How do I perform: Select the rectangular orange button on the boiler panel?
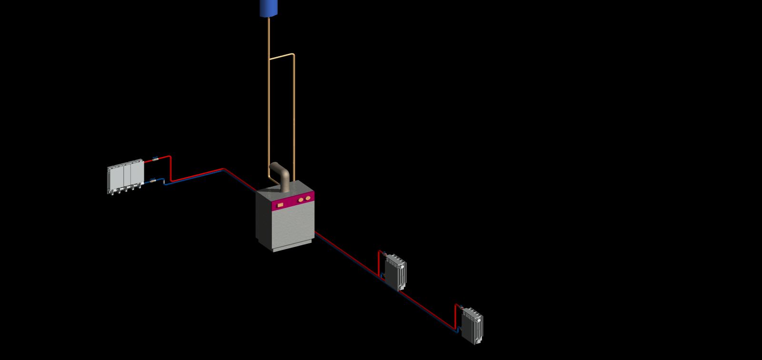tap(281, 205)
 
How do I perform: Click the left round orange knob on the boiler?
tap(301, 200)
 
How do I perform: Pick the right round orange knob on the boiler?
tap(308, 198)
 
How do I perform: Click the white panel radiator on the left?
tap(125, 175)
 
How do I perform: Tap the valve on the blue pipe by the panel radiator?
tap(153, 180)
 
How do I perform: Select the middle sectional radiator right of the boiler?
tap(396, 272)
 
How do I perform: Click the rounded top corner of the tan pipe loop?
tap(292, 55)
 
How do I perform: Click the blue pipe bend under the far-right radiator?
tap(458, 330)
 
